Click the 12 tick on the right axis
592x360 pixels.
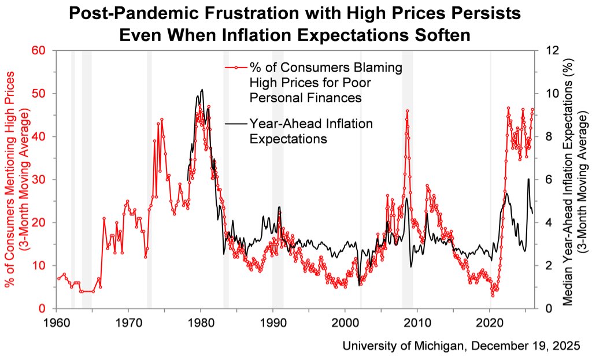545,50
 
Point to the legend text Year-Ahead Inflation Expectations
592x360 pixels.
311,131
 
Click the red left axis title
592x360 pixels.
17,179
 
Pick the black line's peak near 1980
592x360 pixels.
202,90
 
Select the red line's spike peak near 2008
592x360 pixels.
408,110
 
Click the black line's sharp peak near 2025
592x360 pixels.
528,179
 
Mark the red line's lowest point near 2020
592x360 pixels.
493,295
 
